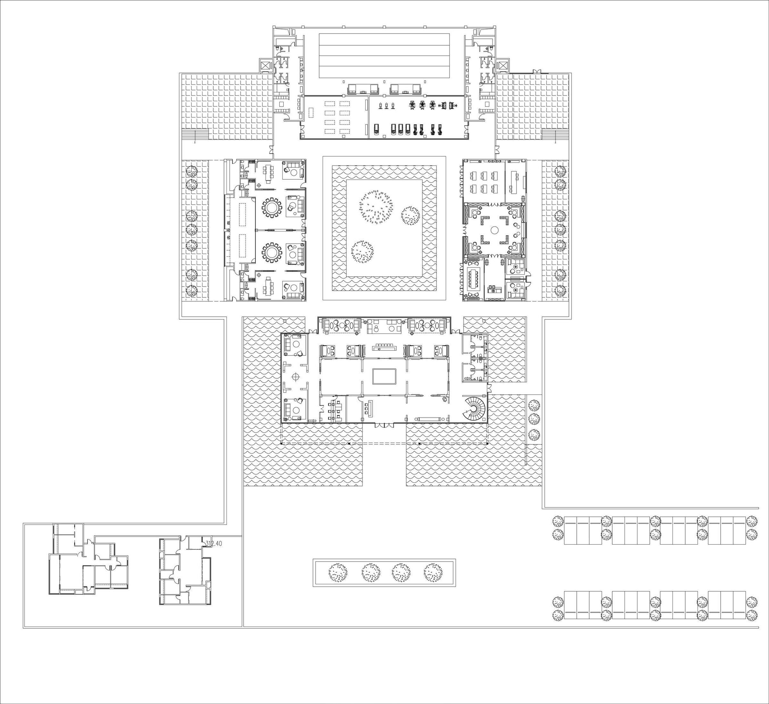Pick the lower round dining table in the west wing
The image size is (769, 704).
[x=272, y=252]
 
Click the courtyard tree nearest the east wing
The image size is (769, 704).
[x=410, y=216]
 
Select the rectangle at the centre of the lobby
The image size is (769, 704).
[x=384, y=376]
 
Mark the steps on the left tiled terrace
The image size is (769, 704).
[x=194, y=134]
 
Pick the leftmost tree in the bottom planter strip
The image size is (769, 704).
[x=338, y=572]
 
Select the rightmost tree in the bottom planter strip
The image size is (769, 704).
[x=433, y=572]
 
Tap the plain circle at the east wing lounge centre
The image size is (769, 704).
[x=494, y=230]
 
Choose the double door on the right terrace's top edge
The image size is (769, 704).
[x=537, y=71]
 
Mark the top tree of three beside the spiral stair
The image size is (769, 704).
[x=535, y=404]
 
